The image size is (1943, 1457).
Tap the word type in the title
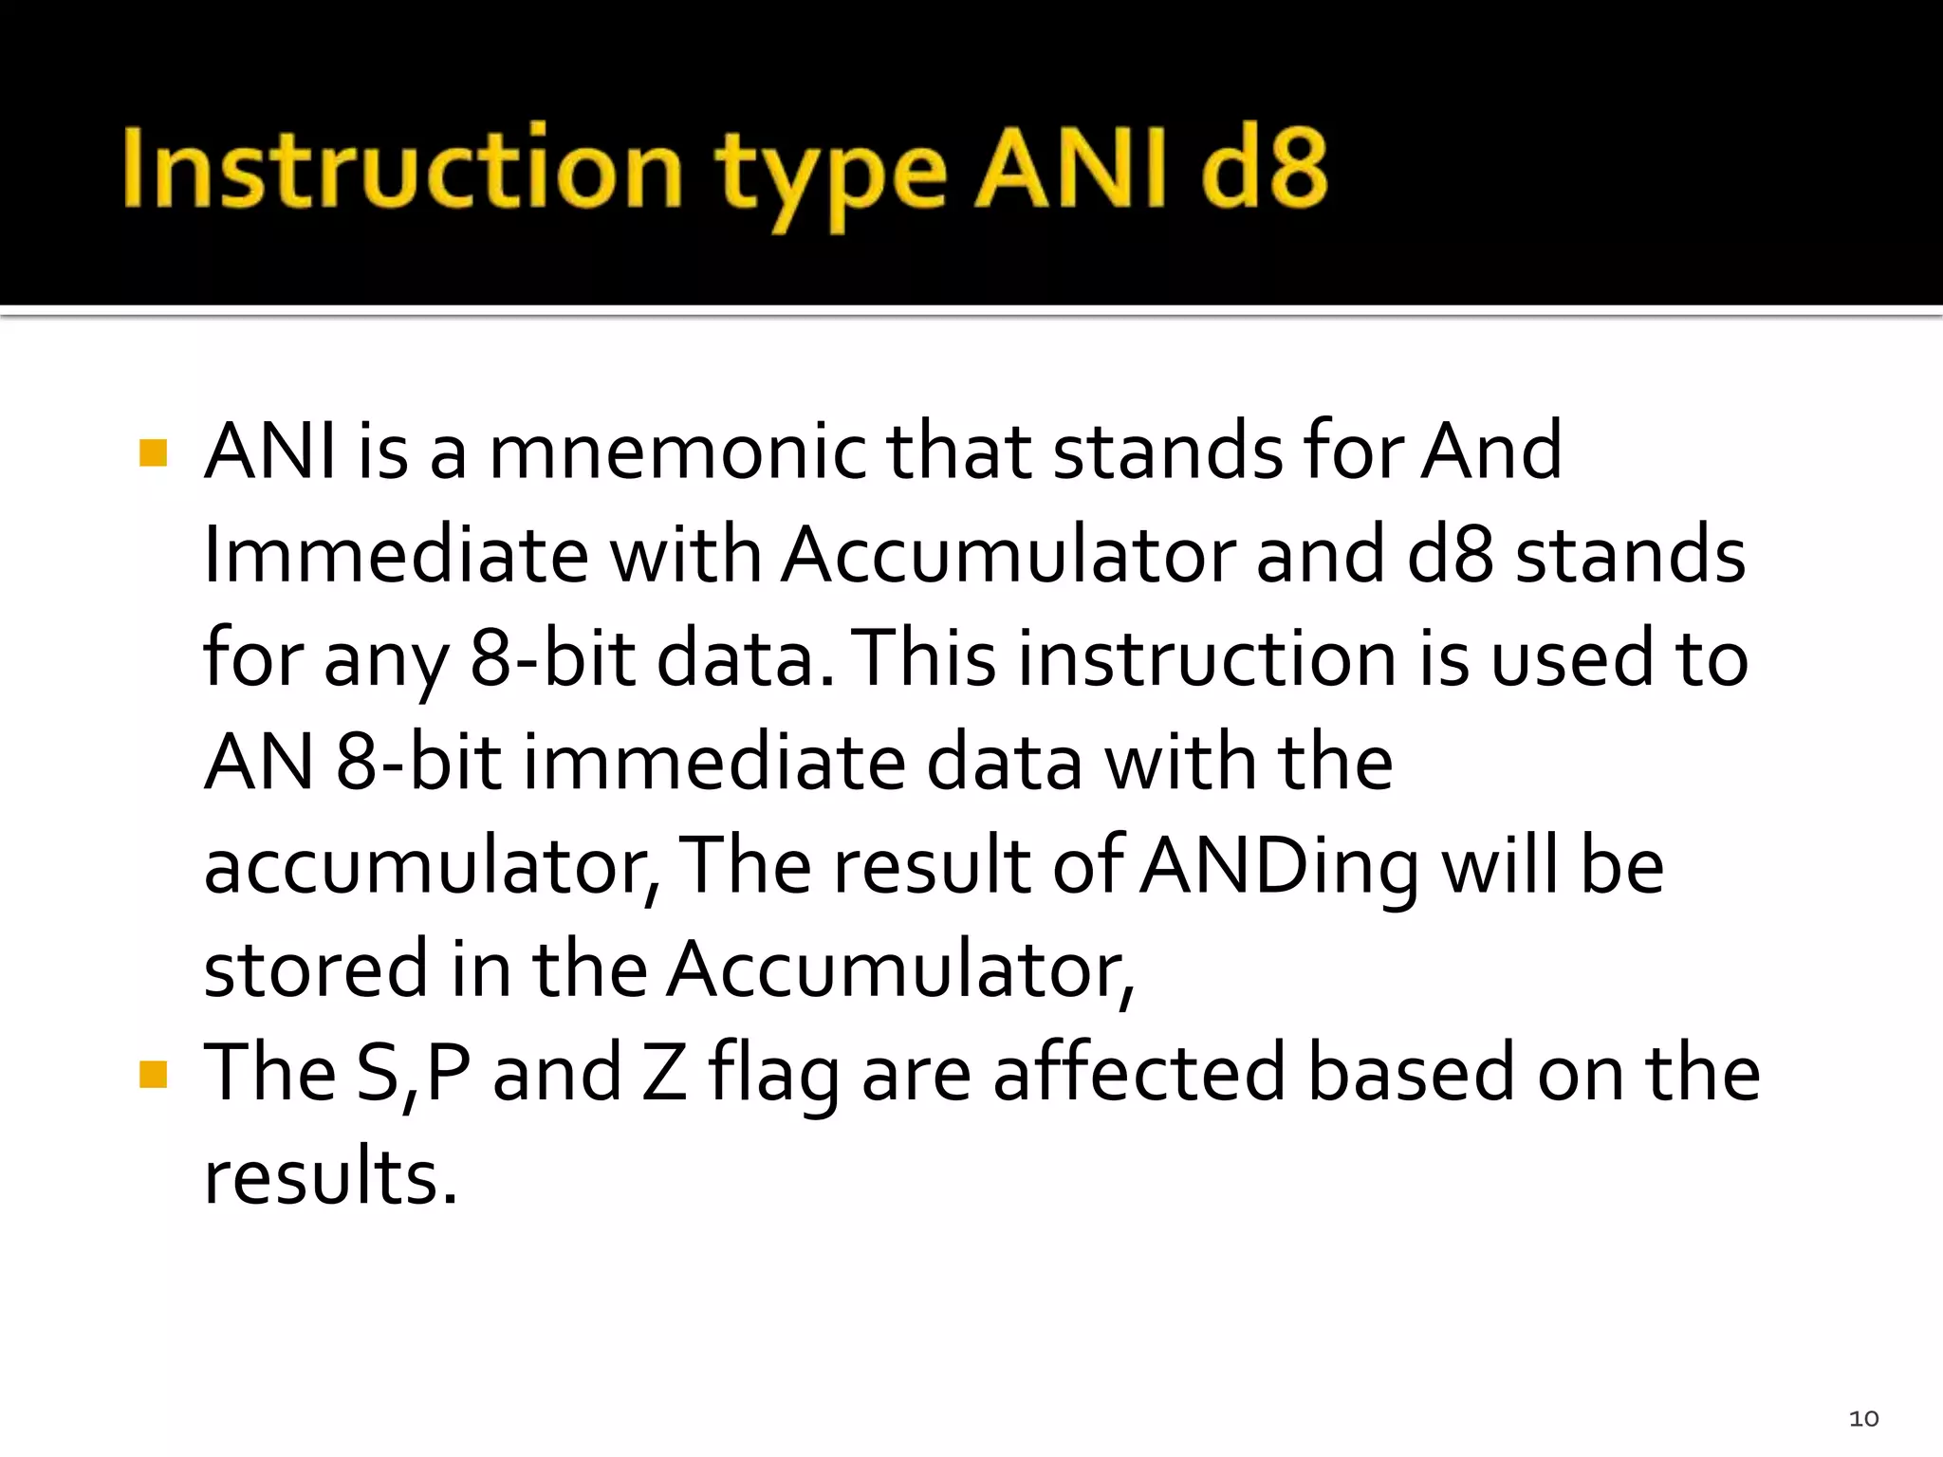coord(830,175)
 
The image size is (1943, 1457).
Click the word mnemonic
coord(675,452)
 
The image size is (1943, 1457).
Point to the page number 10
coord(1863,1419)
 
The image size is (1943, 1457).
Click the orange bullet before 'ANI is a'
coord(153,452)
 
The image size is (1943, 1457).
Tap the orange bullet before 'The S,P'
coord(153,1075)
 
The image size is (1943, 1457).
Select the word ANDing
coord(1279,868)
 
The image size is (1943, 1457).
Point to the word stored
coord(316,969)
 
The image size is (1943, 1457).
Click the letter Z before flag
coord(664,1074)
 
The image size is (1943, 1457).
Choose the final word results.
coord(330,1177)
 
